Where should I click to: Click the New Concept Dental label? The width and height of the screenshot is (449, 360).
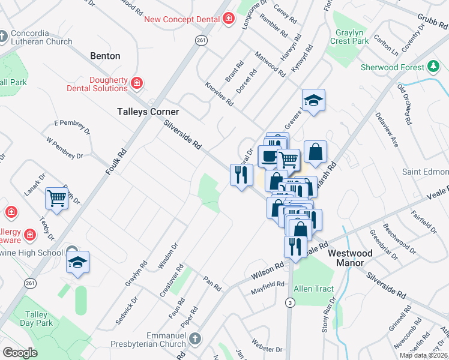tap(182, 19)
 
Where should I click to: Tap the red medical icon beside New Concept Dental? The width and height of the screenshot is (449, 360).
tap(228, 19)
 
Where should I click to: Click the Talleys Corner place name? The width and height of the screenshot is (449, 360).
tap(148, 112)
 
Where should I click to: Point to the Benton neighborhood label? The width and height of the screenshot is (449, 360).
tap(105, 56)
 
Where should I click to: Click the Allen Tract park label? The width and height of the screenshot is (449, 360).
tap(313, 289)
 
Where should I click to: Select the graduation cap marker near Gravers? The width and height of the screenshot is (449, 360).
tap(313, 100)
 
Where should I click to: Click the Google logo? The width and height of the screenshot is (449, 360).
tap(20, 352)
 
